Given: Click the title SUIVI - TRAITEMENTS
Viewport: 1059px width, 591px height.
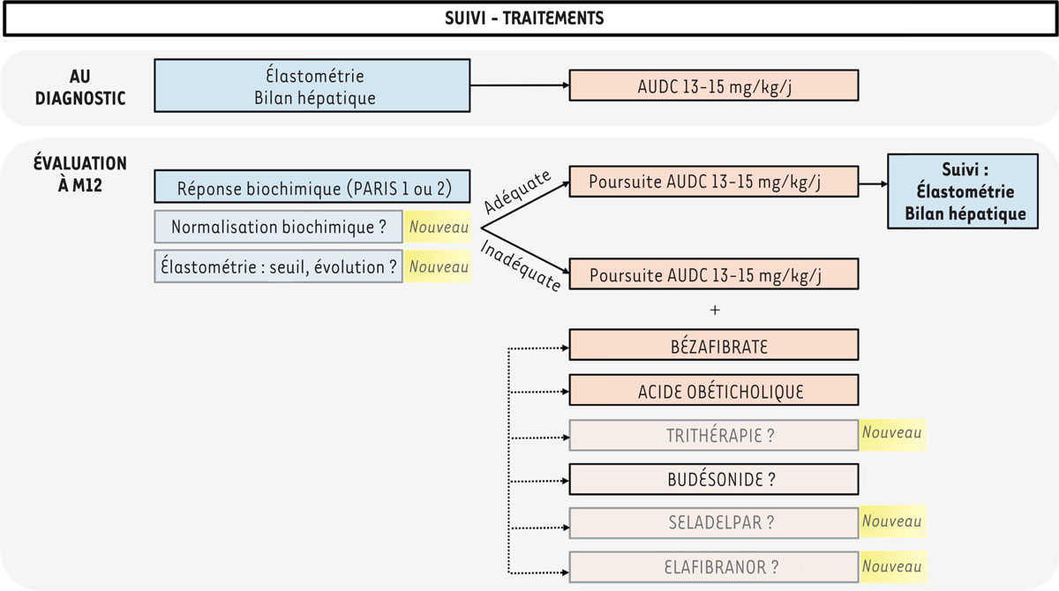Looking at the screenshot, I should click(x=529, y=19).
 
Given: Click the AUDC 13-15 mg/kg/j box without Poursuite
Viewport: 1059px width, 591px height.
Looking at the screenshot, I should click(x=714, y=86).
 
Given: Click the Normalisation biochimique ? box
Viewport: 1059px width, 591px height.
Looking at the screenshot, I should click(x=279, y=227).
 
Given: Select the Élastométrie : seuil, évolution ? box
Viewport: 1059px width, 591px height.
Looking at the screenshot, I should click(x=279, y=266).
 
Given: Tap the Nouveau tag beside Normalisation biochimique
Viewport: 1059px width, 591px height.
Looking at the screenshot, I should click(x=439, y=227).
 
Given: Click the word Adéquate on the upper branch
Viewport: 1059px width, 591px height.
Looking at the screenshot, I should click(x=519, y=191).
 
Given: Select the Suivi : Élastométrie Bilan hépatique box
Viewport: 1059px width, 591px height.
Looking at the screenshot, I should click(x=963, y=191).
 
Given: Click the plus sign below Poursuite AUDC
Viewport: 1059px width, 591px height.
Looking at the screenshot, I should click(x=714, y=310).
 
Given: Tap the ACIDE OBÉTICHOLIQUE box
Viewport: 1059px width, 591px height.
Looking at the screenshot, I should click(x=714, y=390).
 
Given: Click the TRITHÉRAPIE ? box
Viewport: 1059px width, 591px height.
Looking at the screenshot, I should click(x=714, y=435).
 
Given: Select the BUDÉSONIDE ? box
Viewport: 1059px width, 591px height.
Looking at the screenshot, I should click(x=714, y=479).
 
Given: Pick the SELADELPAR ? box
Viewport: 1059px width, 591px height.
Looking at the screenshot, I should click(x=714, y=522).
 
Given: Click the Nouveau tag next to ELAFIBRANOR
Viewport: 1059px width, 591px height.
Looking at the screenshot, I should click(x=892, y=565).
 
